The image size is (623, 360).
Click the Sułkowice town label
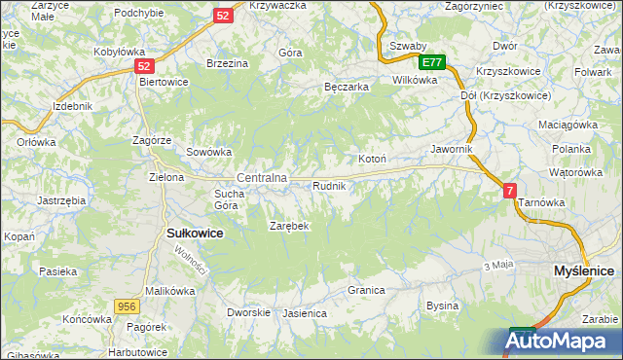point(196,234)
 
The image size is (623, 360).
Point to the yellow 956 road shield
point(125,306)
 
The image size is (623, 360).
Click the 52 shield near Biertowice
point(144,66)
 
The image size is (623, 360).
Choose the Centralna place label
point(261,178)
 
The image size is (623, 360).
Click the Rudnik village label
point(330,185)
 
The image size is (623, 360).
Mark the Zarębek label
point(289,226)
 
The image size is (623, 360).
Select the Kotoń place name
point(373,159)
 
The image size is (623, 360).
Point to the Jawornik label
point(452,149)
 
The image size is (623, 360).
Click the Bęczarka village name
point(346,87)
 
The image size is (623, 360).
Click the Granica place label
point(367,290)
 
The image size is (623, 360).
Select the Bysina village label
point(442,306)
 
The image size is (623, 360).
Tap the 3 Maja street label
point(497,265)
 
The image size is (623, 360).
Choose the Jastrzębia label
point(61,199)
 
